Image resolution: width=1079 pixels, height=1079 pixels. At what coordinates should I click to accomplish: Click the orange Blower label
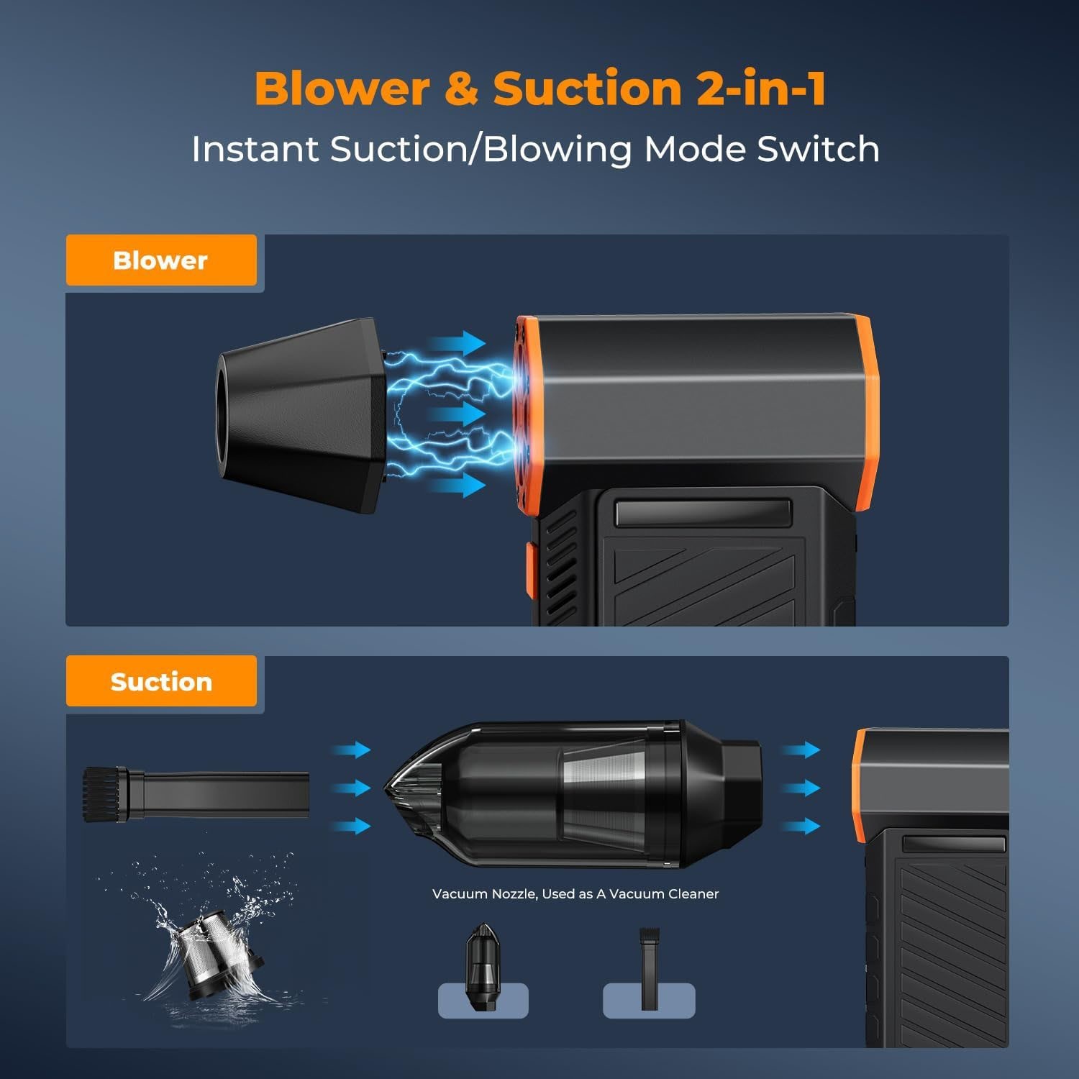[x=160, y=260]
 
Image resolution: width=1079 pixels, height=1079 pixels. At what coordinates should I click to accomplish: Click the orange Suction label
[x=161, y=681]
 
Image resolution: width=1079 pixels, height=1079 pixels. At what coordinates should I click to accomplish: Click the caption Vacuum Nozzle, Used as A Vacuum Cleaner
[x=575, y=894]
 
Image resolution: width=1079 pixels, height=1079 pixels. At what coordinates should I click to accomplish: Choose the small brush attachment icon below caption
[x=650, y=968]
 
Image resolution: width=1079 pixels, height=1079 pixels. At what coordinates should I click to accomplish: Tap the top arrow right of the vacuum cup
[x=801, y=750]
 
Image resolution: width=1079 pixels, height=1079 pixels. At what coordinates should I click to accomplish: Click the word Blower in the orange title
[x=342, y=88]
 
